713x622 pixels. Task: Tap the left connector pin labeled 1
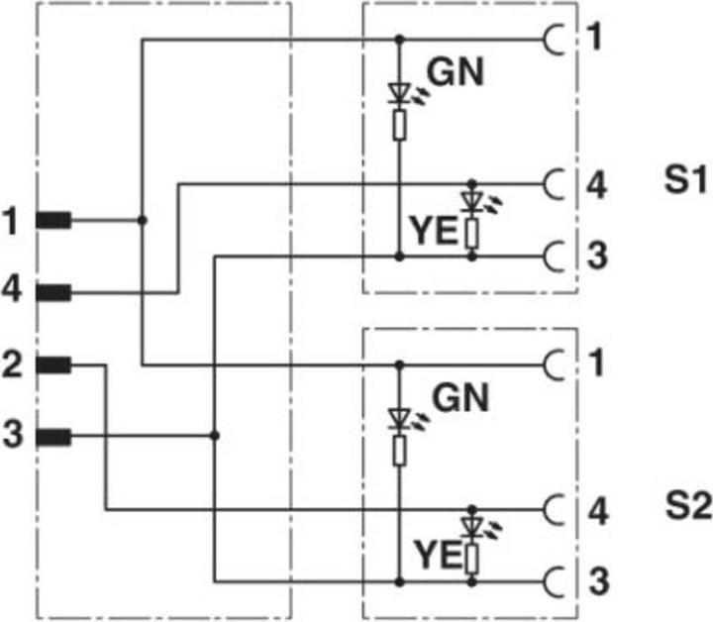click(52, 220)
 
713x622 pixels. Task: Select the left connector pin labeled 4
click(52, 292)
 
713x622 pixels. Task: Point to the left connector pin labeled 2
click(52, 365)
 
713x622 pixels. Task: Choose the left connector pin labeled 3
click(52, 436)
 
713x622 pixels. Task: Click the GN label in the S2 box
click(461, 398)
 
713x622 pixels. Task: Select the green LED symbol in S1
click(400, 95)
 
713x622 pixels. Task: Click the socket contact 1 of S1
click(553, 40)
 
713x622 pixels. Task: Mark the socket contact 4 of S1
click(553, 183)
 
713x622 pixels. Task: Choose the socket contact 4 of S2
click(553, 510)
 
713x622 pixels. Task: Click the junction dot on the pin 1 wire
click(143, 220)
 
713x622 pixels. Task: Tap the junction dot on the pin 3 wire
click(215, 436)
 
